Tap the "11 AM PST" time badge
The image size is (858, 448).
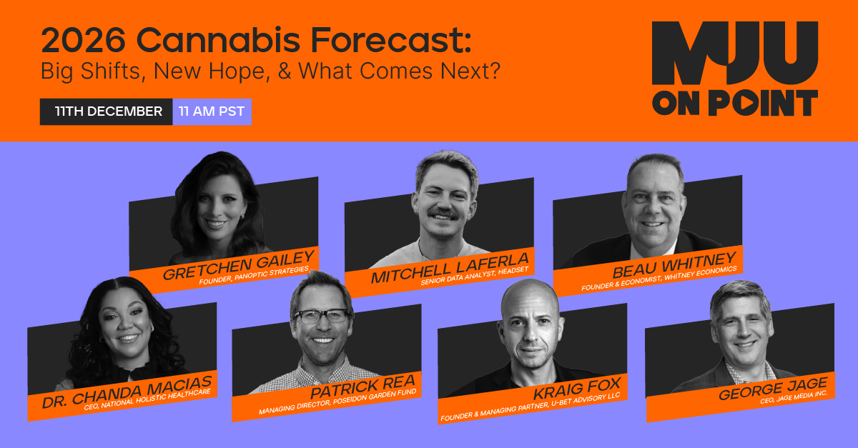212,111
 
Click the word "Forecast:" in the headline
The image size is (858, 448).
401,41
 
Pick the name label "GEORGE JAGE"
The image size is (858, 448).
772,392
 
